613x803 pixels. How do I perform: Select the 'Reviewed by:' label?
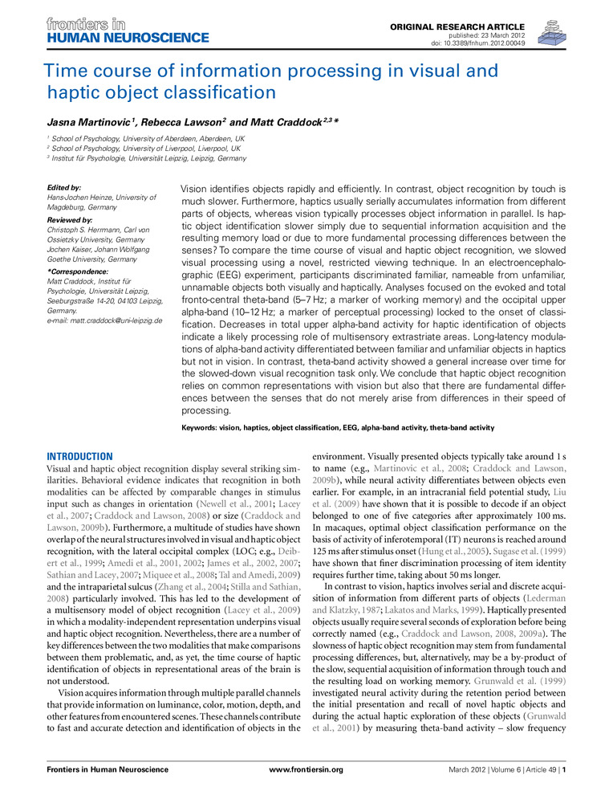click(x=71, y=219)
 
